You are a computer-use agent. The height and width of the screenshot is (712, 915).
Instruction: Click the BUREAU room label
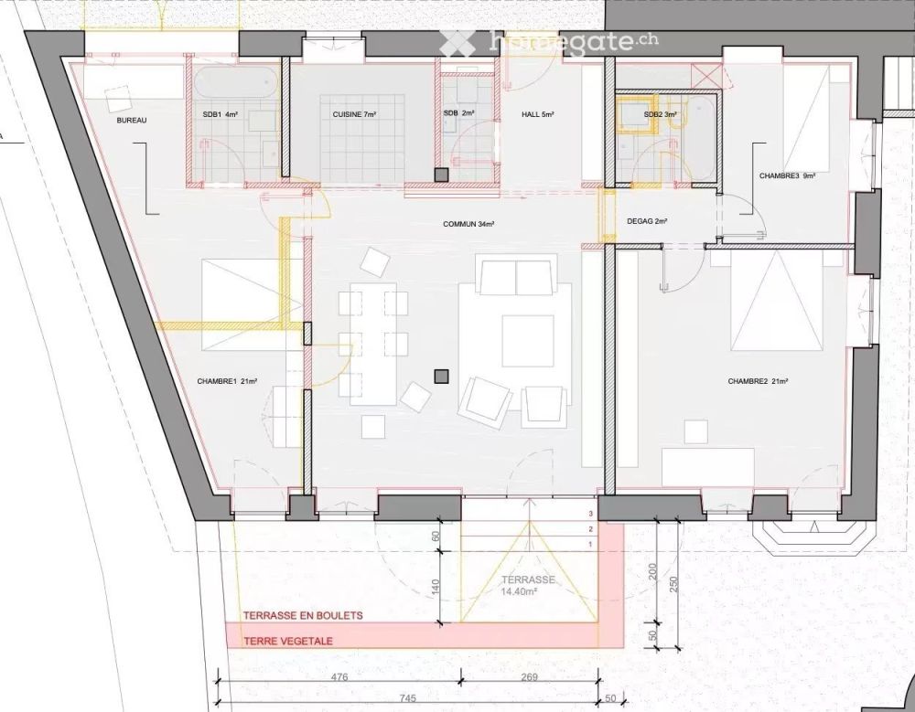click(x=133, y=121)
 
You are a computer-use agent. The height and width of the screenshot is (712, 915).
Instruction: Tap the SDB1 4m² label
click(x=220, y=114)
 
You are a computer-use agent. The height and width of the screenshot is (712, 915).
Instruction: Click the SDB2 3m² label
click(x=661, y=114)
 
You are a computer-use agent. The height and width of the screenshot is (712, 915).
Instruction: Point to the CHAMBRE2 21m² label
click(x=758, y=381)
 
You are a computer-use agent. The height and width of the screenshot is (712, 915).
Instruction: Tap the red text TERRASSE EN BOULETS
click(x=303, y=616)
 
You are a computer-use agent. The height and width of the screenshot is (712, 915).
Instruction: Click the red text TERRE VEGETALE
click(x=288, y=641)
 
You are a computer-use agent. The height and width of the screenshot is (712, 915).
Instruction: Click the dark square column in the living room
click(x=442, y=376)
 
